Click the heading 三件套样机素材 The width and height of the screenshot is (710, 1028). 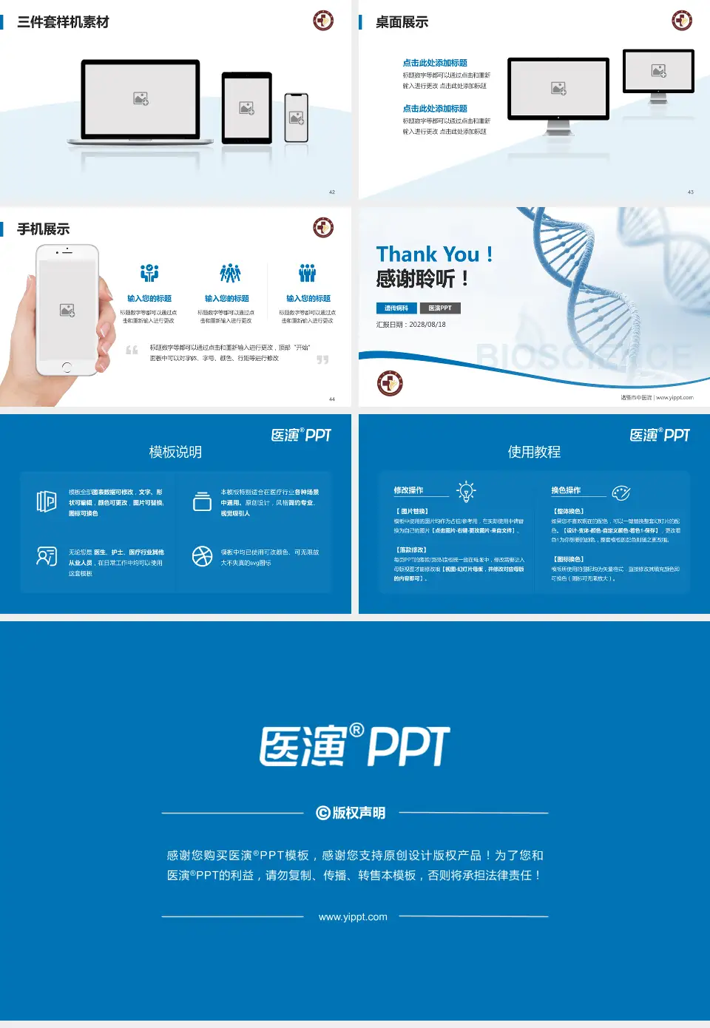63,22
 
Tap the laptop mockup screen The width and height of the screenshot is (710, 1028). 141,99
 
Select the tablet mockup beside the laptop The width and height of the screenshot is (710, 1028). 247,108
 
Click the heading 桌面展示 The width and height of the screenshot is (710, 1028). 402,22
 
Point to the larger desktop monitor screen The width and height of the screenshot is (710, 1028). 558,89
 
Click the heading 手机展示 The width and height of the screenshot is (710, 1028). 44,229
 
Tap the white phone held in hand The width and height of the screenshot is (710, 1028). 67,311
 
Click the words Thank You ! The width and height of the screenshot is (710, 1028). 434,254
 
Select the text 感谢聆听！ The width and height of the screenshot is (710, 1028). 422,279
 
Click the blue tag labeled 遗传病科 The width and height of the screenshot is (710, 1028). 396,308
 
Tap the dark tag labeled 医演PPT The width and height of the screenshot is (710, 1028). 440,308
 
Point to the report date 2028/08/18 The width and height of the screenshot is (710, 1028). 411,325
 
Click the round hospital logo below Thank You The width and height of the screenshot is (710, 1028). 390,383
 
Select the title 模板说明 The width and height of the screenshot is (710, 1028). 175,452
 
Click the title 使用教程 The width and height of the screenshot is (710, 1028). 534,452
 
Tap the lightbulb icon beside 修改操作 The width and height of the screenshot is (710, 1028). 466,492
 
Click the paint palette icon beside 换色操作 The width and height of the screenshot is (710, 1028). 621,493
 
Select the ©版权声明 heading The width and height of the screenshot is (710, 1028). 351,813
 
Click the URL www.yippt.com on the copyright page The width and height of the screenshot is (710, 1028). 353,917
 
